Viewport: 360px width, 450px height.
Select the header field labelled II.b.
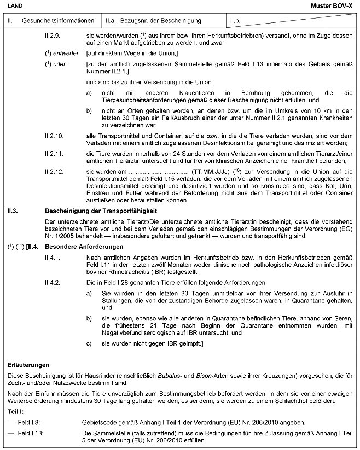[x=236, y=20]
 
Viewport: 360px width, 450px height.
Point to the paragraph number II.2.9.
[x=55, y=35]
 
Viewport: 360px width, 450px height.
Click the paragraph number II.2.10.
[x=56, y=135]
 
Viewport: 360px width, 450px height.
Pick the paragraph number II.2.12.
[x=56, y=171]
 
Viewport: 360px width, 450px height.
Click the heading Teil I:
[x=16, y=410]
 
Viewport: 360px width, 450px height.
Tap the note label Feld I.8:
[x=32, y=423]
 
